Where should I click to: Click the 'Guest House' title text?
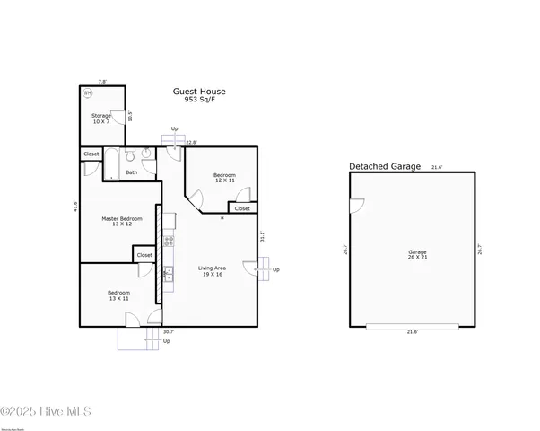[x=199, y=91]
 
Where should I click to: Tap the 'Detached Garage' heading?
[x=384, y=167]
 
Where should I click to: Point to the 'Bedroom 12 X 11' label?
[x=224, y=178]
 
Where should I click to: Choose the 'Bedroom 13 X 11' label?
[x=118, y=295]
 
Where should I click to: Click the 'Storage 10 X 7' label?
[x=100, y=118]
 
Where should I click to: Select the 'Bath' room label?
[x=132, y=172]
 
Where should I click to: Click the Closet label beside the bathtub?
[x=91, y=154]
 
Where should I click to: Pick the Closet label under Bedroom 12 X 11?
[x=242, y=208]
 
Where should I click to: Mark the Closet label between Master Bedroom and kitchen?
[x=144, y=256]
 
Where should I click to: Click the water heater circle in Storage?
[x=88, y=92]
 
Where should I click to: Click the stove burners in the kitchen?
[x=168, y=241]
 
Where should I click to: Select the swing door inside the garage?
[x=356, y=206]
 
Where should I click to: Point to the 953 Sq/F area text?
[x=199, y=101]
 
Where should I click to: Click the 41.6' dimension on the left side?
[x=76, y=207]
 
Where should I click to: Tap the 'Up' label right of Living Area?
[x=276, y=270]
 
